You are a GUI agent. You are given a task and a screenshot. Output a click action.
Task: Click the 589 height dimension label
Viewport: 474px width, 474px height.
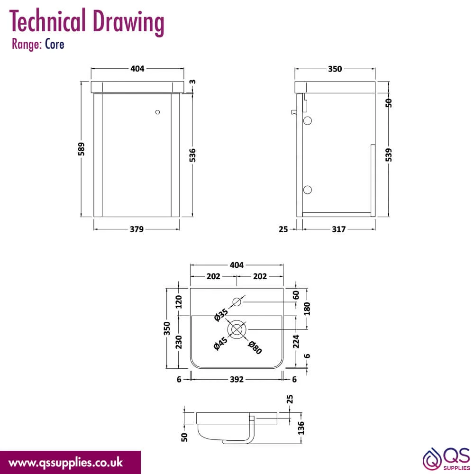82,149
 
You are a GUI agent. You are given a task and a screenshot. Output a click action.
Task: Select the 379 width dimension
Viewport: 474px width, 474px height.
137,229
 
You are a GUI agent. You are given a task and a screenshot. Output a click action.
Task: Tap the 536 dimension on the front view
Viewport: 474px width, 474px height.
192,155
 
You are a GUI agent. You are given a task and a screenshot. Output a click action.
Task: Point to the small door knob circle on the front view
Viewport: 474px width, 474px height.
157,112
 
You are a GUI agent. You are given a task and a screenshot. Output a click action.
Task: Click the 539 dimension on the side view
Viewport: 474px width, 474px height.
389,155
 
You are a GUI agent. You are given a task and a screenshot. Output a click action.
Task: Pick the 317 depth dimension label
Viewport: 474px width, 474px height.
338,229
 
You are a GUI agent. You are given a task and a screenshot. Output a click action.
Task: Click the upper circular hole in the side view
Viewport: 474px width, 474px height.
308,120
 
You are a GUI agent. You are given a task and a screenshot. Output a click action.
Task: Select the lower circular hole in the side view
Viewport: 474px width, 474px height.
308,190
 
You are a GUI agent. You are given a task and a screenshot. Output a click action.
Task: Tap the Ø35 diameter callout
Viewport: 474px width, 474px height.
221,315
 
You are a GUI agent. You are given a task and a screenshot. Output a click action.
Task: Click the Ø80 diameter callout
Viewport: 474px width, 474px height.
255,347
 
